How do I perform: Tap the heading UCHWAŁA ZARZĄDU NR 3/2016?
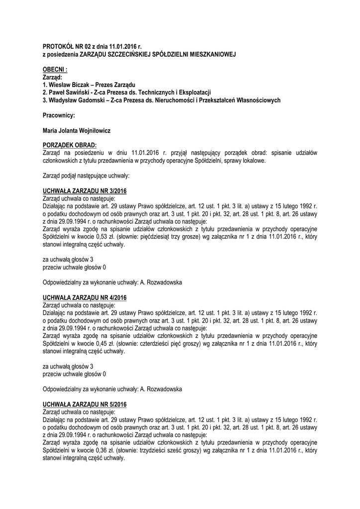[85, 191]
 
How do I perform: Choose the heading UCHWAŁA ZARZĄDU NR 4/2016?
[85, 297]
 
